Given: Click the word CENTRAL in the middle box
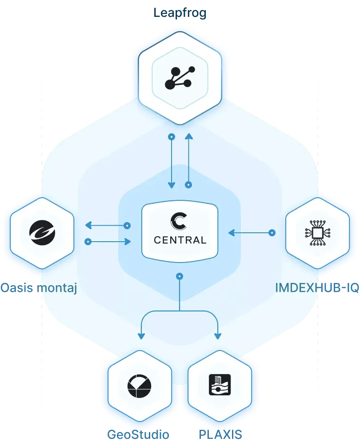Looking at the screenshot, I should pos(180,240).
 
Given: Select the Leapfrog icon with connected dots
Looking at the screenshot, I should pos(180,77).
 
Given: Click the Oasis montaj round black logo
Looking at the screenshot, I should pos(42,233).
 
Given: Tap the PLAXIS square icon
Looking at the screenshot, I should pos(220,385).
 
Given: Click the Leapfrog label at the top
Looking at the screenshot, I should pos(180,12).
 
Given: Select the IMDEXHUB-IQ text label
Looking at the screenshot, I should pos(317,288).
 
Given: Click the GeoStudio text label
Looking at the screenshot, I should pos(139,434).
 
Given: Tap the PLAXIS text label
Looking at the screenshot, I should pos(220,434).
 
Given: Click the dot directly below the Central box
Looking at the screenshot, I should pos(180,276).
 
